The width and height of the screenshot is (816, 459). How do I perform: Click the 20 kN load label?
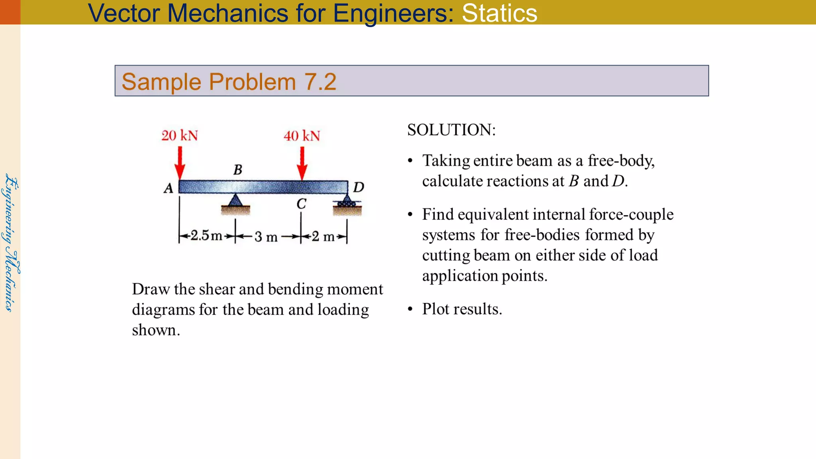[180, 135]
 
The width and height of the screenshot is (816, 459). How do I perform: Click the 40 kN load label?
[302, 136]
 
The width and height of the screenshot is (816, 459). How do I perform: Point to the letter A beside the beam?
[169, 188]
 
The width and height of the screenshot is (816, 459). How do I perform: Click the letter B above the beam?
[238, 170]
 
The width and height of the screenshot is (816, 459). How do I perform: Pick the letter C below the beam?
[301, 204]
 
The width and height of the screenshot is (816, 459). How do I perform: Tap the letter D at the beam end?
[359, 187]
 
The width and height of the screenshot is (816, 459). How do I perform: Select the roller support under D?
[347, 202]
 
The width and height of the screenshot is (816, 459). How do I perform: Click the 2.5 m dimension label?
[206, 235]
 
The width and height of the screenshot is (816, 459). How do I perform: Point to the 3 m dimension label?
[266, 237]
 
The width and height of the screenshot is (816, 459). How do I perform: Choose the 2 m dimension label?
[323, 236]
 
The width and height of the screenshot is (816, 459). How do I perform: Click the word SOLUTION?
[451, 130]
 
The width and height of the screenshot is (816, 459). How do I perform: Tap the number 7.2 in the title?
[320, 82]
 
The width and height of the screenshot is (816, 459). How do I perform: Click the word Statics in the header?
[499, 13]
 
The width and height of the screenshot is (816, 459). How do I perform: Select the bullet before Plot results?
[410, 310]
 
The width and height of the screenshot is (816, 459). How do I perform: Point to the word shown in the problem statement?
[156, 330]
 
